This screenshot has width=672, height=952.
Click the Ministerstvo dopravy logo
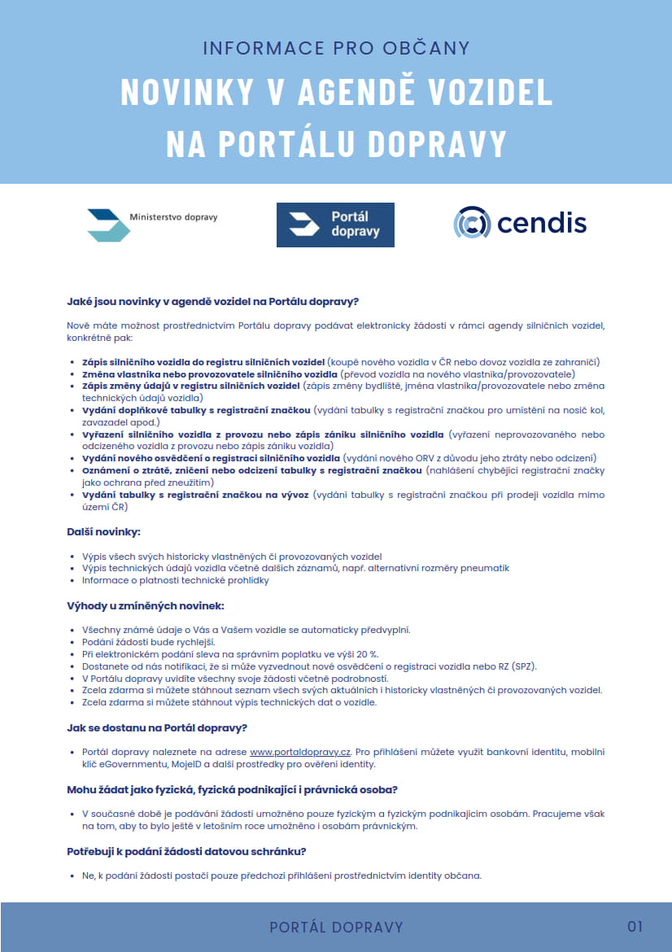pyautogui.click(x=152, y=224)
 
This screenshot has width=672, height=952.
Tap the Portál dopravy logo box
pyautogui.click(x=335, y=225)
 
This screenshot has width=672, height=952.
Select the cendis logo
pyautogui.click(x=520, y=223)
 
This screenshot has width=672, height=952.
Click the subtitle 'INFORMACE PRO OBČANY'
pyautogui.click(x=336, y=48)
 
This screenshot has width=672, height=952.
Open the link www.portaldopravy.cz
pyautogui.click(x=300, y=752)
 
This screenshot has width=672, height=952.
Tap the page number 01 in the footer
pyautogui.click(x=635, y=926)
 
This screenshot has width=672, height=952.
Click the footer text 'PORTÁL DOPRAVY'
pyautogui.click(x=336, y=927)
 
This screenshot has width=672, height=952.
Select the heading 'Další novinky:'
pyautogui.click(x=103, y=531)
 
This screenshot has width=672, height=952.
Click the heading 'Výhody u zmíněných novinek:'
pyautogui.click(x=145, y=605)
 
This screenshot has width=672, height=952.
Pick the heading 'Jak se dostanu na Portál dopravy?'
pyautogui.click(x=157, y=727)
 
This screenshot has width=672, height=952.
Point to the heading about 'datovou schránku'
pyautogui.click(x=185, y=851)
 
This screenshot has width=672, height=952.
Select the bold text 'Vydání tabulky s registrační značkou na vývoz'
pyautogui.click(x=195, y=495)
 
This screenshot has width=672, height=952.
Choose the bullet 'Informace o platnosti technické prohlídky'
pyautogui.click(x=175, y=580)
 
